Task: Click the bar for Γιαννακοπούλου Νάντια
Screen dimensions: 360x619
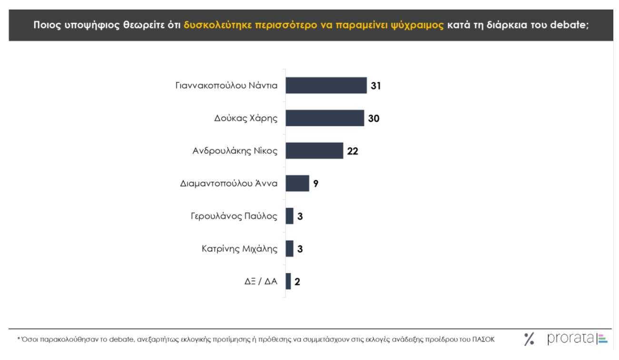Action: click(326, 86)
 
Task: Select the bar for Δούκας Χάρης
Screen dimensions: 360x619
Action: click(324, 118)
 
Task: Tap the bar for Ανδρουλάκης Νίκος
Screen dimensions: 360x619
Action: click(314, 151)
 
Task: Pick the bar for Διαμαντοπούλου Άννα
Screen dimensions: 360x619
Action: click(297, 183)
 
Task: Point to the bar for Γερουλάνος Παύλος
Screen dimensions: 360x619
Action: click(289, 216)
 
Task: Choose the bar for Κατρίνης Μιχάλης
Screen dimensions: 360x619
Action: click(289, 248)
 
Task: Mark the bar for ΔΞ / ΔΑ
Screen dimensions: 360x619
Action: click(288, 281)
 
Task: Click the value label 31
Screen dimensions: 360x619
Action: click(376, 86)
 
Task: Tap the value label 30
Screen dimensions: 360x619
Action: click(373, 118)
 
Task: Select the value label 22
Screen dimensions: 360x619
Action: click(353, 151)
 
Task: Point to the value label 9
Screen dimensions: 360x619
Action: click(315, 184)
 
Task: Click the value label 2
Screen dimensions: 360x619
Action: click(297, 282)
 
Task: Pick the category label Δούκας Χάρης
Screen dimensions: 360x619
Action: click(246, 118)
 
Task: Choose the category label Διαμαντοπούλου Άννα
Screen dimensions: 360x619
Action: click(229, 184)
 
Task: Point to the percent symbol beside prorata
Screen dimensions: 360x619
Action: click(529, 339)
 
